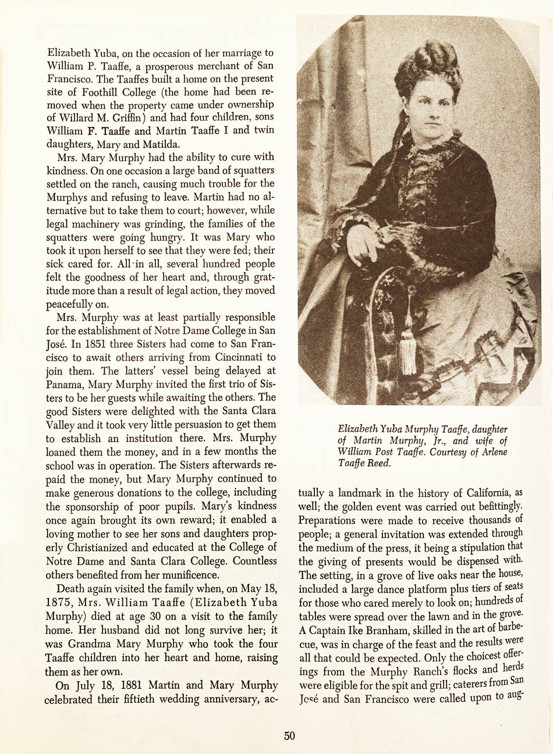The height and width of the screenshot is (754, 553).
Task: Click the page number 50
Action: point(290,735)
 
